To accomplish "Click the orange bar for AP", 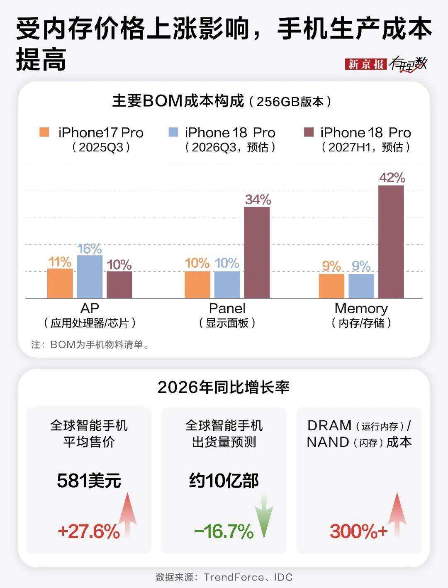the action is click(x=60, y=283).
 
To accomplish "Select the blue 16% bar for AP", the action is click(x=90, y=276).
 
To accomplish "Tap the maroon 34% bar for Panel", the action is click(x=257, y=252).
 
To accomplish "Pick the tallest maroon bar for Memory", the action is click(x=391, y=242).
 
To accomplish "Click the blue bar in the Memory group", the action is click(x=361, y=286).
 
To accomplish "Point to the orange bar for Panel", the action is click(x=197, y=285).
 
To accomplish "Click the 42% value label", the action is click(x=392, y=178).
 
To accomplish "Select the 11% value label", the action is click(x=60, y=262).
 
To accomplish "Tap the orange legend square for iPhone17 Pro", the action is click(x=44, y=132).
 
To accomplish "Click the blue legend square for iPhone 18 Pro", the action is click(x=173, y=132).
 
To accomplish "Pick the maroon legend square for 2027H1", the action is click(x=309, y=132).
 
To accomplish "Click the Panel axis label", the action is click(x=227, y=308).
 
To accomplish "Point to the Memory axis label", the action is click(x=361, y=308).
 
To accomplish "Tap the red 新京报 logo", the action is click(x=366, y=64).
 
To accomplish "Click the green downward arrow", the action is click(x=264, y=516).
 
